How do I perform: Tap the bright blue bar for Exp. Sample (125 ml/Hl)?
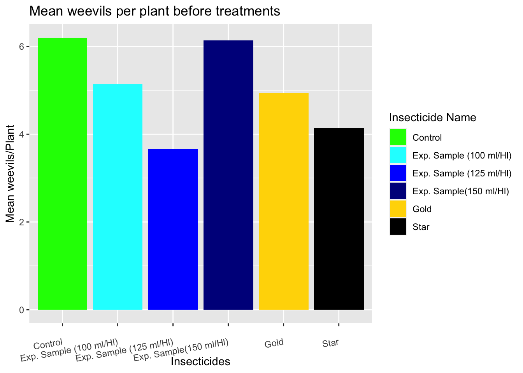pos(173,229)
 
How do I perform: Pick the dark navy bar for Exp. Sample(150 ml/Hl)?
pos(228,175)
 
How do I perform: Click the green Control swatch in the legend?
pos(398,138)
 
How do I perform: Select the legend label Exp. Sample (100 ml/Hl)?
pos(462,155)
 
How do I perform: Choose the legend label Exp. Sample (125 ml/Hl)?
pos(462,173)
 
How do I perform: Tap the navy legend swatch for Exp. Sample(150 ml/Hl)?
pos(398,191)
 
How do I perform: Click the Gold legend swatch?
pos(398,209)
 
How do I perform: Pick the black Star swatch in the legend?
pos(398,227)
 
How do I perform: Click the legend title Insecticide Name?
pos(432,117)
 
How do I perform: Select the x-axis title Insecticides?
pos(200,362)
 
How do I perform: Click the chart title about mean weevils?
pos(154,11)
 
